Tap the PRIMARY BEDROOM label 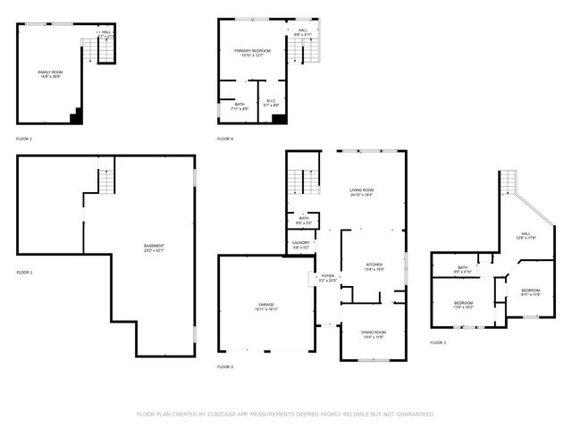click(x=252, y=51)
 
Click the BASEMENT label click(x=154, y=246)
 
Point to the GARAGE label click(x=266, y=305)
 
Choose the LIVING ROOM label click(x=361, y=190)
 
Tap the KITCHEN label click(x=374, y=265)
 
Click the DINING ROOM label click(x=374, y=335)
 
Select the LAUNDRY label click(x=301, y=243)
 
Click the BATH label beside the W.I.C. click(x=240, y=104)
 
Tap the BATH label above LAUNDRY click(x=304, y=218)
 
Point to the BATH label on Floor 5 click(x=463, y=267)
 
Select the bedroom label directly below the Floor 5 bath click(x=463, y=303)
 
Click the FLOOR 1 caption click(x=24, y=272)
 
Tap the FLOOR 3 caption click(x=225, y=367)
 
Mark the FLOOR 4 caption click(x=225, y=139)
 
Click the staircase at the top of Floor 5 click(x=509, y=181)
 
